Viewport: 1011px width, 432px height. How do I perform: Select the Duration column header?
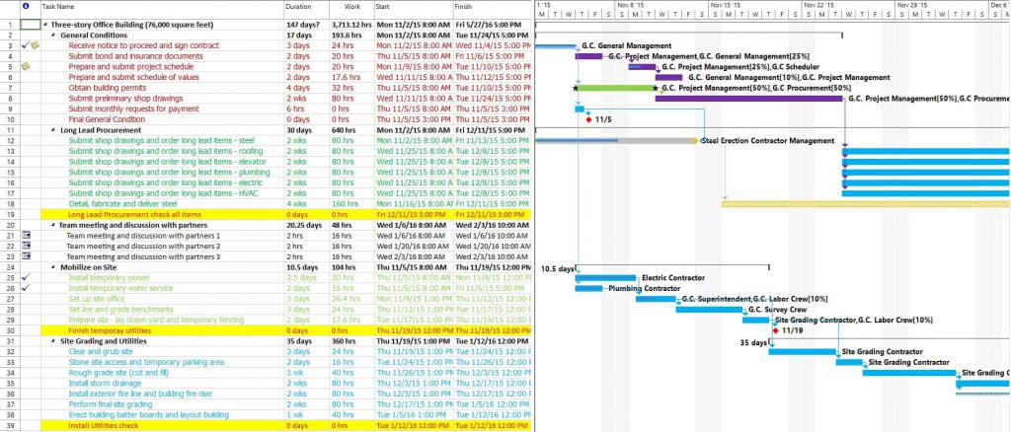(x=298, y=7)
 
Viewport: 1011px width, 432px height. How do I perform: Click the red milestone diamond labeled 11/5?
(x=588, y=119)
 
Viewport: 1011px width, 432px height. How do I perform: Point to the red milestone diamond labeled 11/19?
(x=775, y=330)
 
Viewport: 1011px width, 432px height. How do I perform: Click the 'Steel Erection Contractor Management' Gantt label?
(x=767, y=141)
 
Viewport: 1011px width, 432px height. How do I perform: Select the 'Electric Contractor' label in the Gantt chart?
(x=673, y=278)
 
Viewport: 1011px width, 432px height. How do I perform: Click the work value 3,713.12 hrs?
(x=352, y=23)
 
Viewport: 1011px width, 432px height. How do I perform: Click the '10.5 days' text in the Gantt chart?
(x=558, y=268)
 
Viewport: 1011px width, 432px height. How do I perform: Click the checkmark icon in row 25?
(x=26, y=277)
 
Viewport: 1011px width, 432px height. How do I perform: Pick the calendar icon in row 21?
(x=26, y=235)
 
